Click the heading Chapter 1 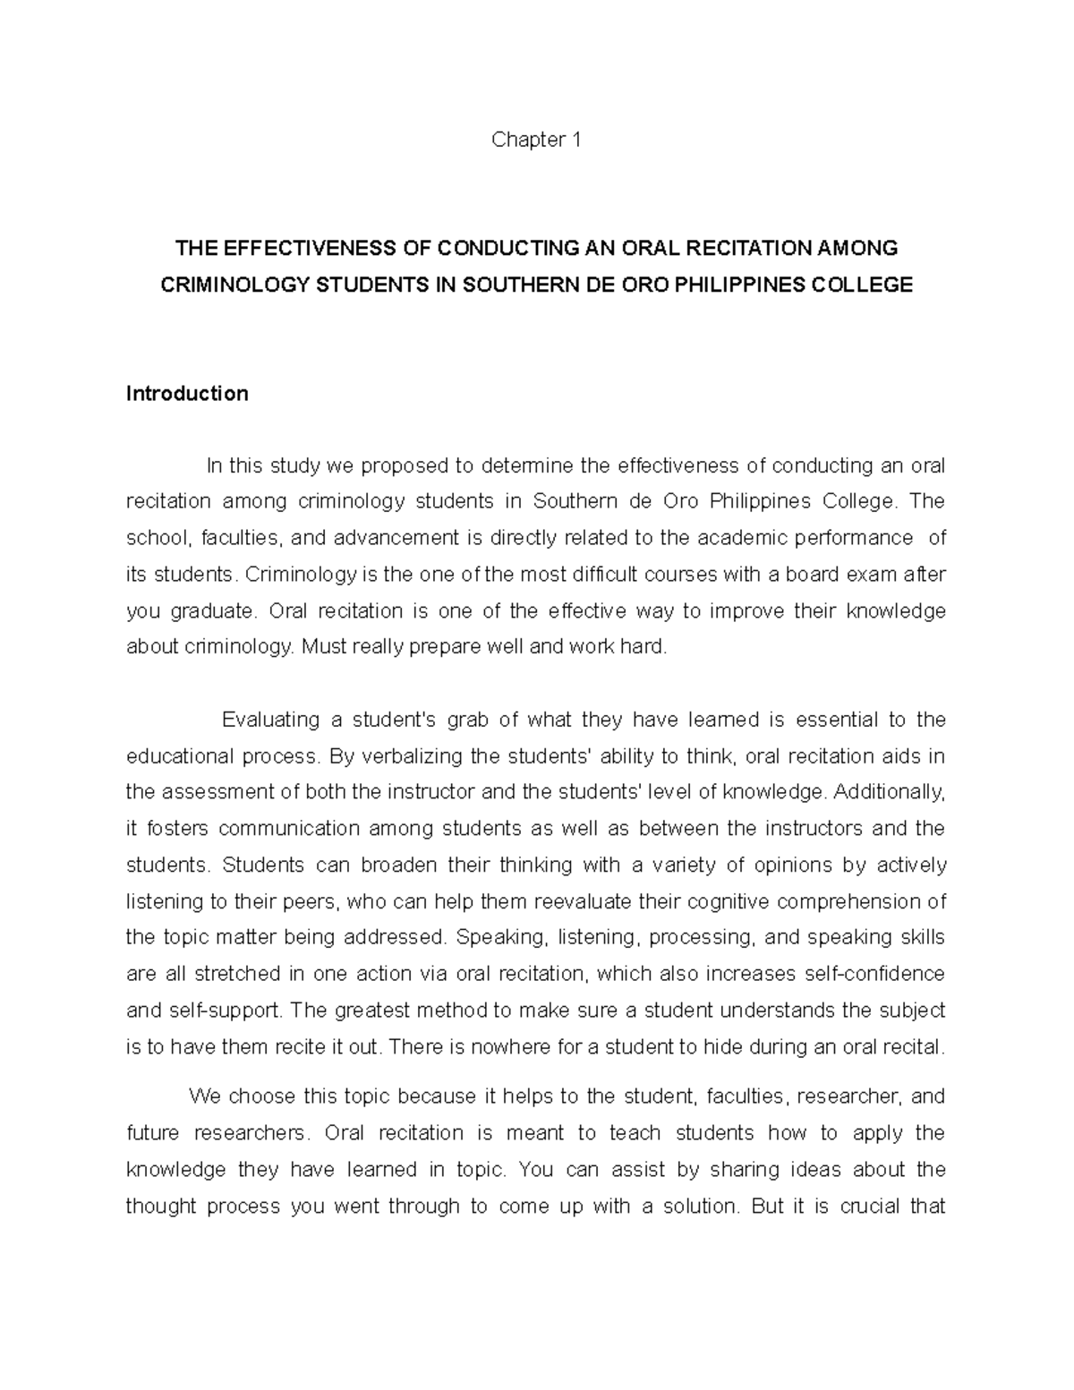[537, 141]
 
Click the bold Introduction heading [187, 394]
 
